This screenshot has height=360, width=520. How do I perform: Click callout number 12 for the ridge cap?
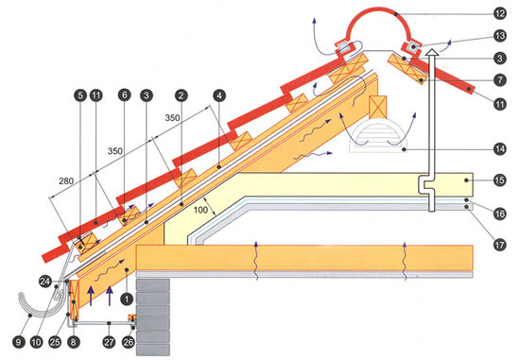click(x=500, y=13)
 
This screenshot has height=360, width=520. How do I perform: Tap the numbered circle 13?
click(x=500, y=36)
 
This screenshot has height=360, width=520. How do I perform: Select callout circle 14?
click(x=500, y=149)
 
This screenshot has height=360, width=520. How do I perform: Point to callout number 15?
click(x=500, y=180)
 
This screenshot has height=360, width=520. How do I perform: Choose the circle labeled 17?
click(x=500, y=245)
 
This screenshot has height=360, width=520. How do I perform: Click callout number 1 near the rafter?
click(x=127, y=299)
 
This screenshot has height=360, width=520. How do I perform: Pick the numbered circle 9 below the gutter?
click(x=19, y=342)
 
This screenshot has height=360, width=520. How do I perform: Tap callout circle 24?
click(x=45, y=282)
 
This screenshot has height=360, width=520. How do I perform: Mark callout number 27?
click(x=109, y=342)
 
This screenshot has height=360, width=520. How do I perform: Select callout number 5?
click(x=80, y=95)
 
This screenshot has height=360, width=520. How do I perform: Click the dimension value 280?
click(x=67, y=181)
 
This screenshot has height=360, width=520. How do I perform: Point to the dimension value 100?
click(x=201, y=210)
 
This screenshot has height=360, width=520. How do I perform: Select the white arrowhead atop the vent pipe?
click(x=431, y=52)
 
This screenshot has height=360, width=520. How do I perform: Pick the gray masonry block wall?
click(x=153, y=317)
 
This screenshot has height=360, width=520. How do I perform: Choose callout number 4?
click(x=219, y=95)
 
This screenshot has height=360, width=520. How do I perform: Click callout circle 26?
click(x=129, y=342)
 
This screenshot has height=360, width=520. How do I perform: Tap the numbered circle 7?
click(x=500, y=80)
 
